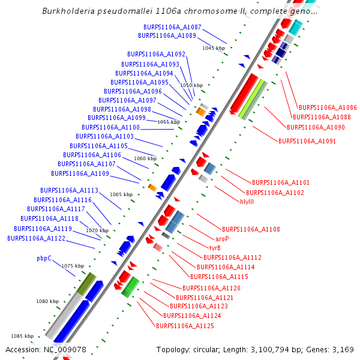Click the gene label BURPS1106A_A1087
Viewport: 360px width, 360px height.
[x=172, y=28]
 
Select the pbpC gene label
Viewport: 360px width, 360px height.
[x=44, y=259]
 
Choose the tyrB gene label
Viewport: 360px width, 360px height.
[x=215, y=248]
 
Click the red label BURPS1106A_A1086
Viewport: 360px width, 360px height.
[x=328, y=107]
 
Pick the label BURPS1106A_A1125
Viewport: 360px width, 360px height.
[x=185, y=326]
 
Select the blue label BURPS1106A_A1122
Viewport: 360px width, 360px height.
[x=36, y=238]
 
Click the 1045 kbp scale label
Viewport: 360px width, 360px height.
[x=214, y=48]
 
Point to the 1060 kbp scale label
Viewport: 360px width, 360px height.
[x=145, y=158]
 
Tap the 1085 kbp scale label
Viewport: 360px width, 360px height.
[x=23, y=336]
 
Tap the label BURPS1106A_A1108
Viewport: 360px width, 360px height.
[x=251, y=229]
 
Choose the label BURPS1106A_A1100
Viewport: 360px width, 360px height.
[x=110, y=127]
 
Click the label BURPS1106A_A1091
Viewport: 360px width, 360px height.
[x=307, y=141]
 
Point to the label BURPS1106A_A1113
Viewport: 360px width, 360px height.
[x=69, y=190]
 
